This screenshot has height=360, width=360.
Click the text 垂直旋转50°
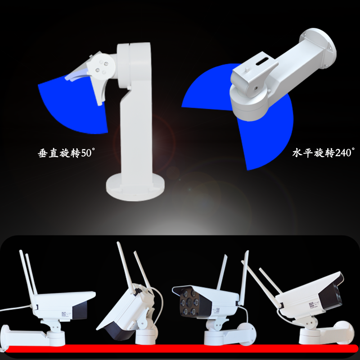coord(66,153)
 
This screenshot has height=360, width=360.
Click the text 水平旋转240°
coord(324,153)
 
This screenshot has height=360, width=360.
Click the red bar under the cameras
coord(181,348)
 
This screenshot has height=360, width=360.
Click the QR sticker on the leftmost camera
coord(63,314)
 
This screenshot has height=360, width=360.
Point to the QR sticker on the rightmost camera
coord(311,305)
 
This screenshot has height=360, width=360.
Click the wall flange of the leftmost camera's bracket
coord(4,336)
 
